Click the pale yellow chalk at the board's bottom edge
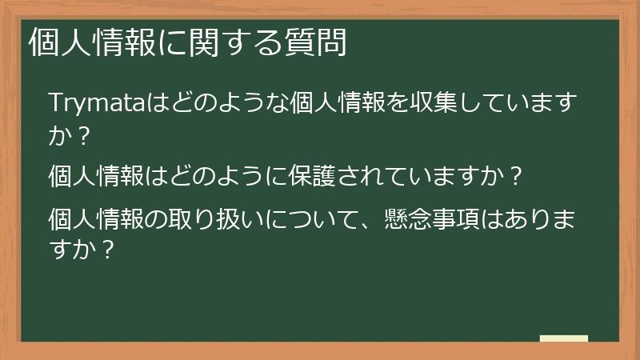tap(564, 338)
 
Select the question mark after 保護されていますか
tap(516, 174)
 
